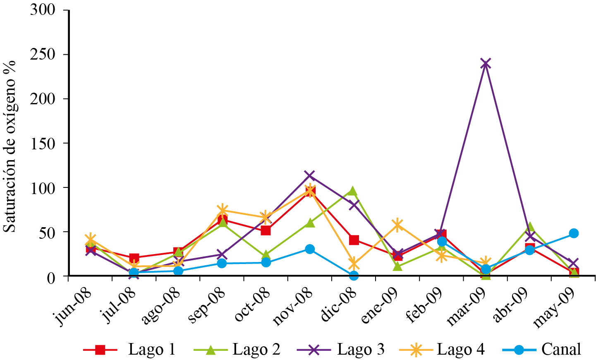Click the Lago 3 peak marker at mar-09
tap(486, 63)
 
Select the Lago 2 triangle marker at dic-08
tap(353, 191)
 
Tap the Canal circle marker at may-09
tap(574, 233)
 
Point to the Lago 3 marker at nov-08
tap(309, 175)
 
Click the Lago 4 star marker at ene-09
tap(397, 225)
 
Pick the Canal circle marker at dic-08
tap(354, 276)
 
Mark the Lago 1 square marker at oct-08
tap(266, 230)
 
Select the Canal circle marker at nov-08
tap(310, 249)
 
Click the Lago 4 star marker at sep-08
tap(222, 210)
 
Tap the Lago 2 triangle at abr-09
tap(530, 227)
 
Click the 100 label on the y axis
tap(43, 188)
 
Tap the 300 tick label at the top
tap(43, 10)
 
